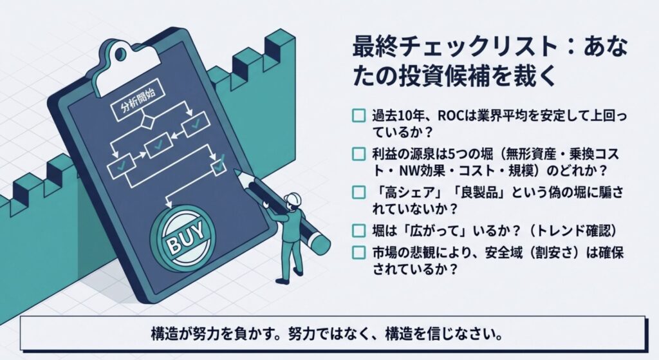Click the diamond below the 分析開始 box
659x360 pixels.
[146, 122]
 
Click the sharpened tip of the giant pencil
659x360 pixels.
[237, 173]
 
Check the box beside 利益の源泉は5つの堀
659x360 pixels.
[358, 154]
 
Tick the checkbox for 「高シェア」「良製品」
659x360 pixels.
[358, 193]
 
